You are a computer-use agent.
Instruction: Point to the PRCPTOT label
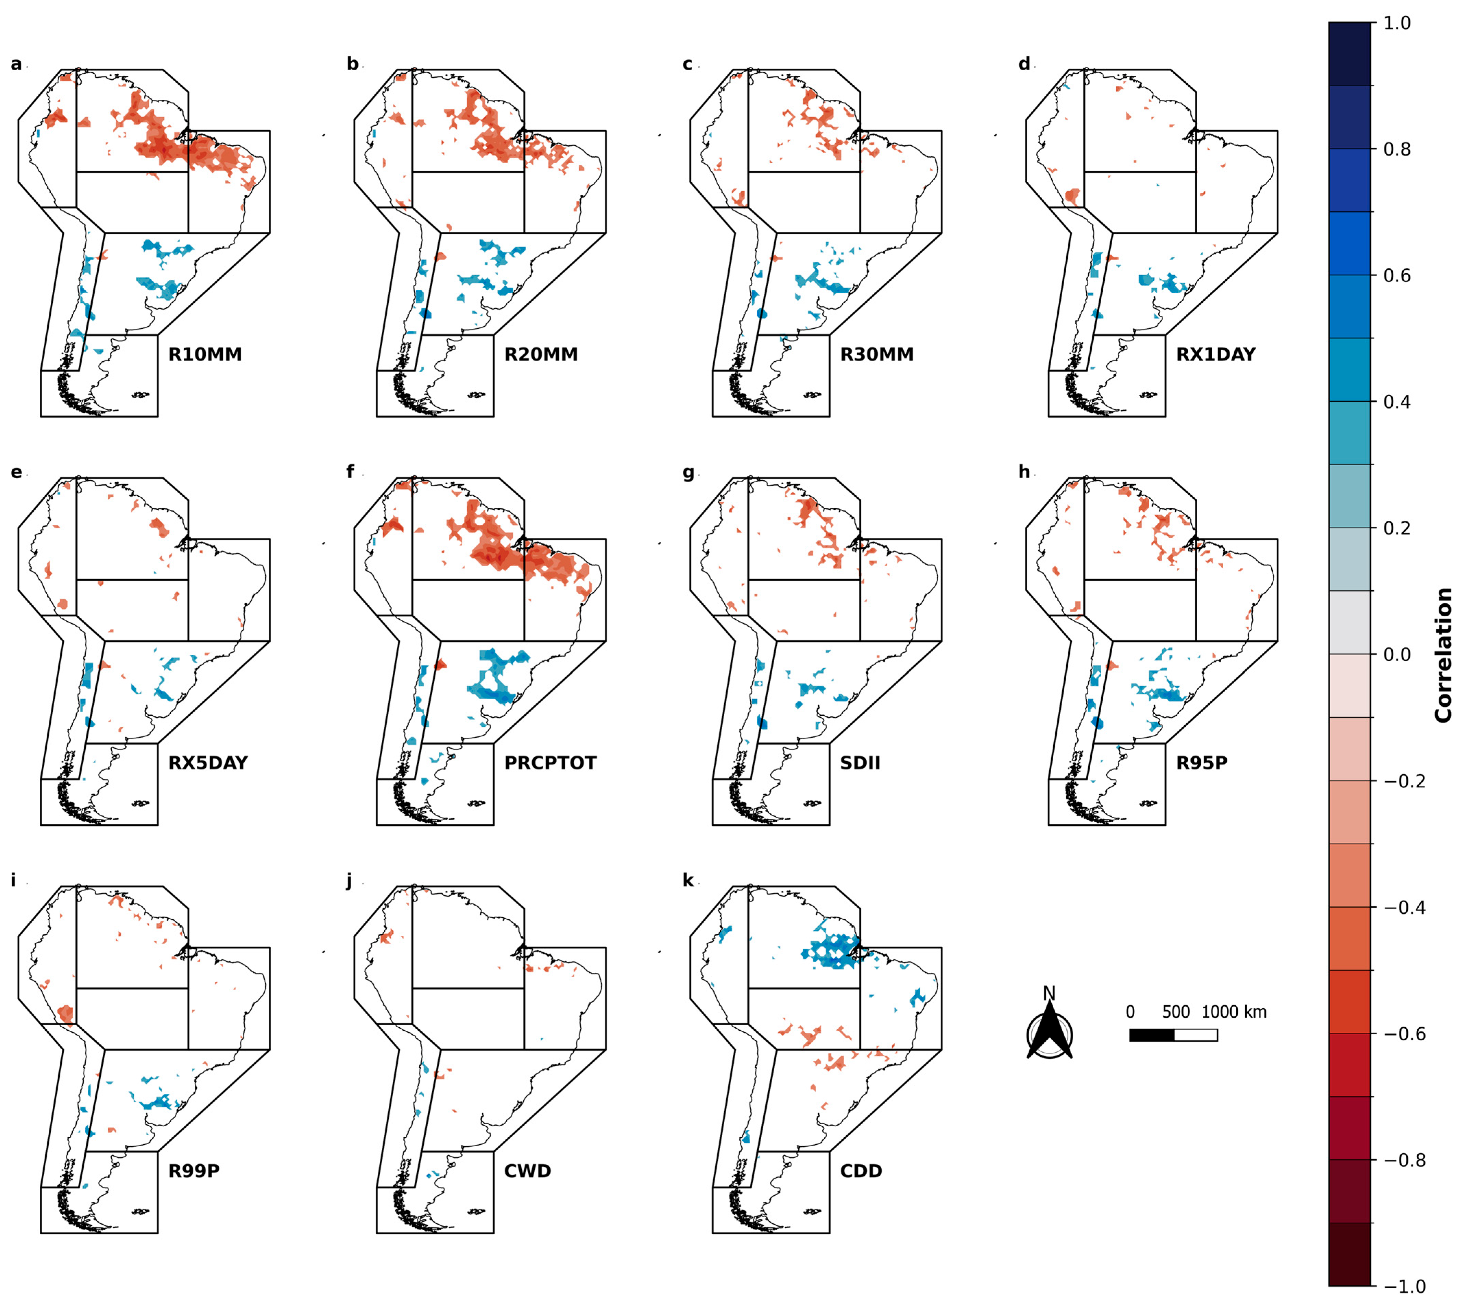coord(550,763)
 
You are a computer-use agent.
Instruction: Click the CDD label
coord(861,1171)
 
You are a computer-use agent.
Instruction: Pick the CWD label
coord(527,1171)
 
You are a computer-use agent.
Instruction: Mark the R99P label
coord(194,1171)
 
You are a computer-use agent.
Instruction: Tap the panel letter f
coord(350,472)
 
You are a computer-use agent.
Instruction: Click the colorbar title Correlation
coord(1443,655)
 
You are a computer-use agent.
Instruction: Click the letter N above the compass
coord(1049,993)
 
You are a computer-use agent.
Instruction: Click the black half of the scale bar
coord(1152,1035)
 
